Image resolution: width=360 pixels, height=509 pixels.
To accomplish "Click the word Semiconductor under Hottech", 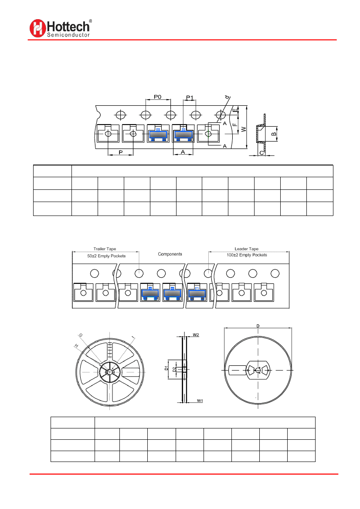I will (x=68, y=35).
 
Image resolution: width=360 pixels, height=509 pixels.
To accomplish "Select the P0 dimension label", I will (x=157, y=97).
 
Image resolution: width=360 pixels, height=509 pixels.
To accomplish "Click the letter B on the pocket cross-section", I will (x=273, y=134).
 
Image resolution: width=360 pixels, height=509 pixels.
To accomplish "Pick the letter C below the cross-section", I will (x=261, y=153).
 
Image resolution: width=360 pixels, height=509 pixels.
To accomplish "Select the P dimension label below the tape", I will (x=120, y=152).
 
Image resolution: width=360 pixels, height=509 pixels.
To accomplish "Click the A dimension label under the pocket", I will (x=183, y=152).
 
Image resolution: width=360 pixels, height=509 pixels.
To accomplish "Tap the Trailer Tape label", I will (x=105, y=249).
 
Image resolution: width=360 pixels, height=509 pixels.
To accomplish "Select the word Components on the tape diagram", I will (x=170, y=254).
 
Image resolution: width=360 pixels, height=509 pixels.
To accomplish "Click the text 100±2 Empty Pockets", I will (x=247, y=255).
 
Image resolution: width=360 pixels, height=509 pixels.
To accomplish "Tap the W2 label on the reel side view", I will (x=196, y=335).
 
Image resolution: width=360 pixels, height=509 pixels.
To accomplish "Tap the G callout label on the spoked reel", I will (x=80, y=335).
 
